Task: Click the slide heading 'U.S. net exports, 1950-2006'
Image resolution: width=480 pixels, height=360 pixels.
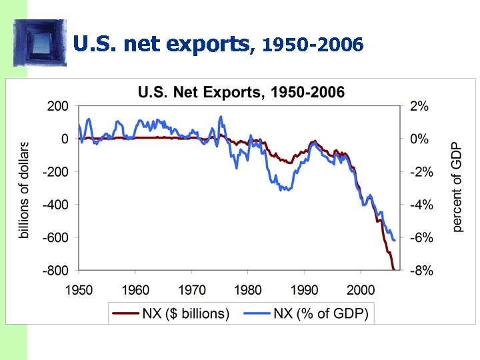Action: (218, 45)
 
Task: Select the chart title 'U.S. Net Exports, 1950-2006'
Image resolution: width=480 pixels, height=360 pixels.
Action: (241, 92)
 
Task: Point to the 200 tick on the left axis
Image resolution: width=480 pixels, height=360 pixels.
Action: (57, 107)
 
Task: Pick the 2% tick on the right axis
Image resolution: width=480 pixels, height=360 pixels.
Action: (419, 107)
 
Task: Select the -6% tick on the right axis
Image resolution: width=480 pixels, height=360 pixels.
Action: (421, 238)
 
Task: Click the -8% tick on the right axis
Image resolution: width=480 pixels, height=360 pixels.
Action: (421, 271)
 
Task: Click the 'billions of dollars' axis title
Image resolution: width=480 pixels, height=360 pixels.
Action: (25, 189)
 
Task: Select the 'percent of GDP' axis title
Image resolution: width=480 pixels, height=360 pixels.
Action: (457, 187)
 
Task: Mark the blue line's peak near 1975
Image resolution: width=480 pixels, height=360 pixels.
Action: (221, 117)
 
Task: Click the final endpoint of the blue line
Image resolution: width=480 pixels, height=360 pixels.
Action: (395, 240)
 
